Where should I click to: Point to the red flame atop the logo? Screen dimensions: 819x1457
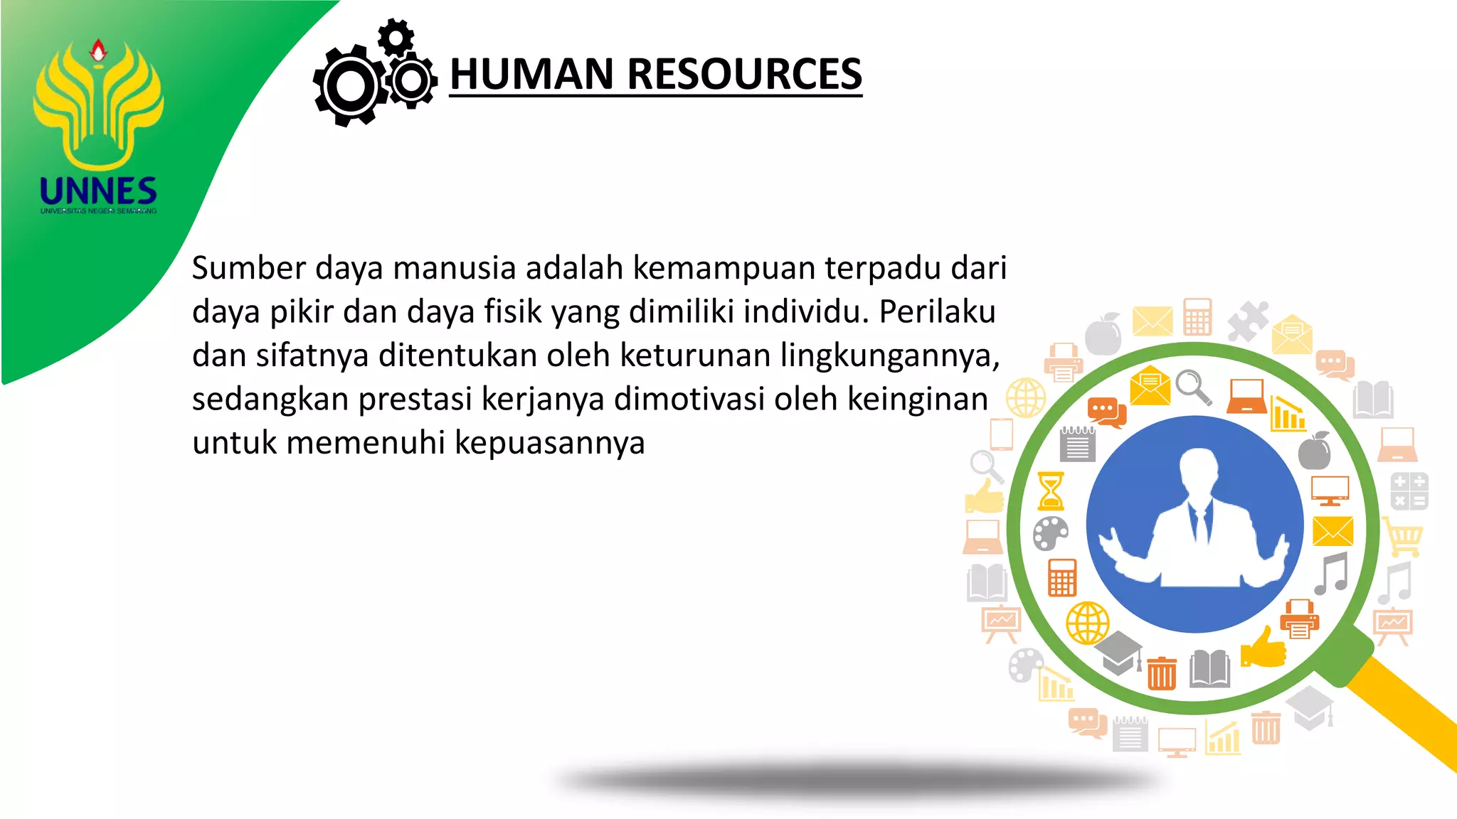[98, 50]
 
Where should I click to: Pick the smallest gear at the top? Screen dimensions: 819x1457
[396, 36]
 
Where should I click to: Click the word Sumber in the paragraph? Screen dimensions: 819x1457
[248, 268]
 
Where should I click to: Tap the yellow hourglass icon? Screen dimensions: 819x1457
[1051, 491]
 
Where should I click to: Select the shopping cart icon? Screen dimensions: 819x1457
[1404, 537]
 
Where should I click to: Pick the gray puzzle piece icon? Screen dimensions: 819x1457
[1248, 321]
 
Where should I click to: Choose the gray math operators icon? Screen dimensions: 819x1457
[1409, 491]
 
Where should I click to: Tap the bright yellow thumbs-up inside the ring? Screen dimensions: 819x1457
[1263, 648]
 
